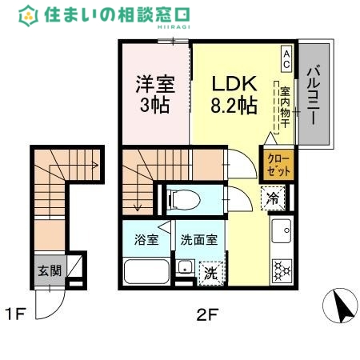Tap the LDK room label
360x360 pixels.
click(x=233, y=83)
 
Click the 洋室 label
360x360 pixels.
click(x=153, y=83)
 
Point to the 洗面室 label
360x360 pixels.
click(x=198, y=238)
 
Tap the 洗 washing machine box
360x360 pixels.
click(x=210, y=272)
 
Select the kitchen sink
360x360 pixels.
click(x=281, y=232)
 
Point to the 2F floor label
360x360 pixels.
click(x=206, y=314)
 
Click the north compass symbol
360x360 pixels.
click(x=338, y=306)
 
